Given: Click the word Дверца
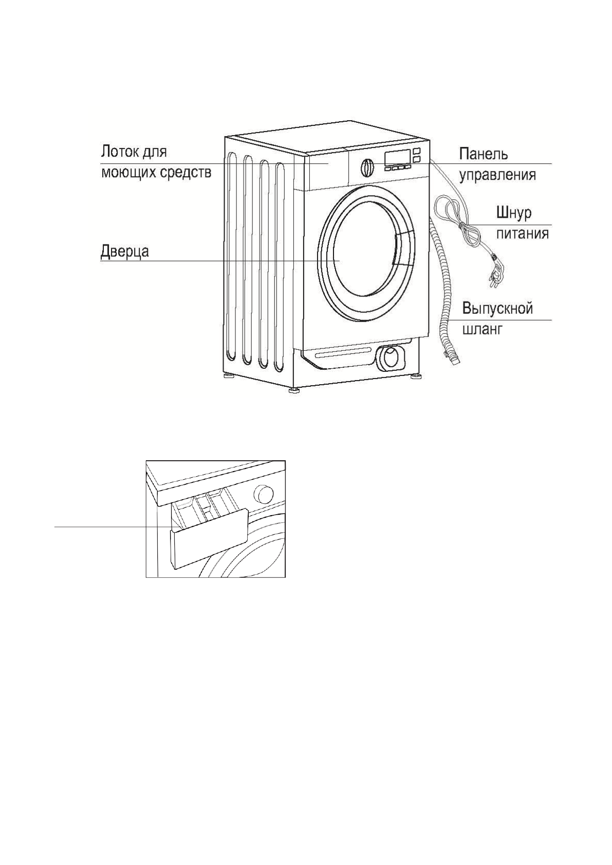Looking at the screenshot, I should (124, 251).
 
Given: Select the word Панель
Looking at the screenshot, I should (483, 154).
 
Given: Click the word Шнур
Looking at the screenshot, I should (513, 213).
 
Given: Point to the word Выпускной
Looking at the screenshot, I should (497, 309).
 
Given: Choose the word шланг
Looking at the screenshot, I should (481, 329).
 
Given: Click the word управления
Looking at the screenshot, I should (497, 175).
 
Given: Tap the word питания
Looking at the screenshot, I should (522, 234).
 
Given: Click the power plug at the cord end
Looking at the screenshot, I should (496, 270).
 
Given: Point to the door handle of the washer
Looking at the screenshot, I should (402, 249).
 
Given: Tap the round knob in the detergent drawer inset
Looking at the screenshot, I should (264, 494).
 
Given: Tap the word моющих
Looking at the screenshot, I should (130, 172).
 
